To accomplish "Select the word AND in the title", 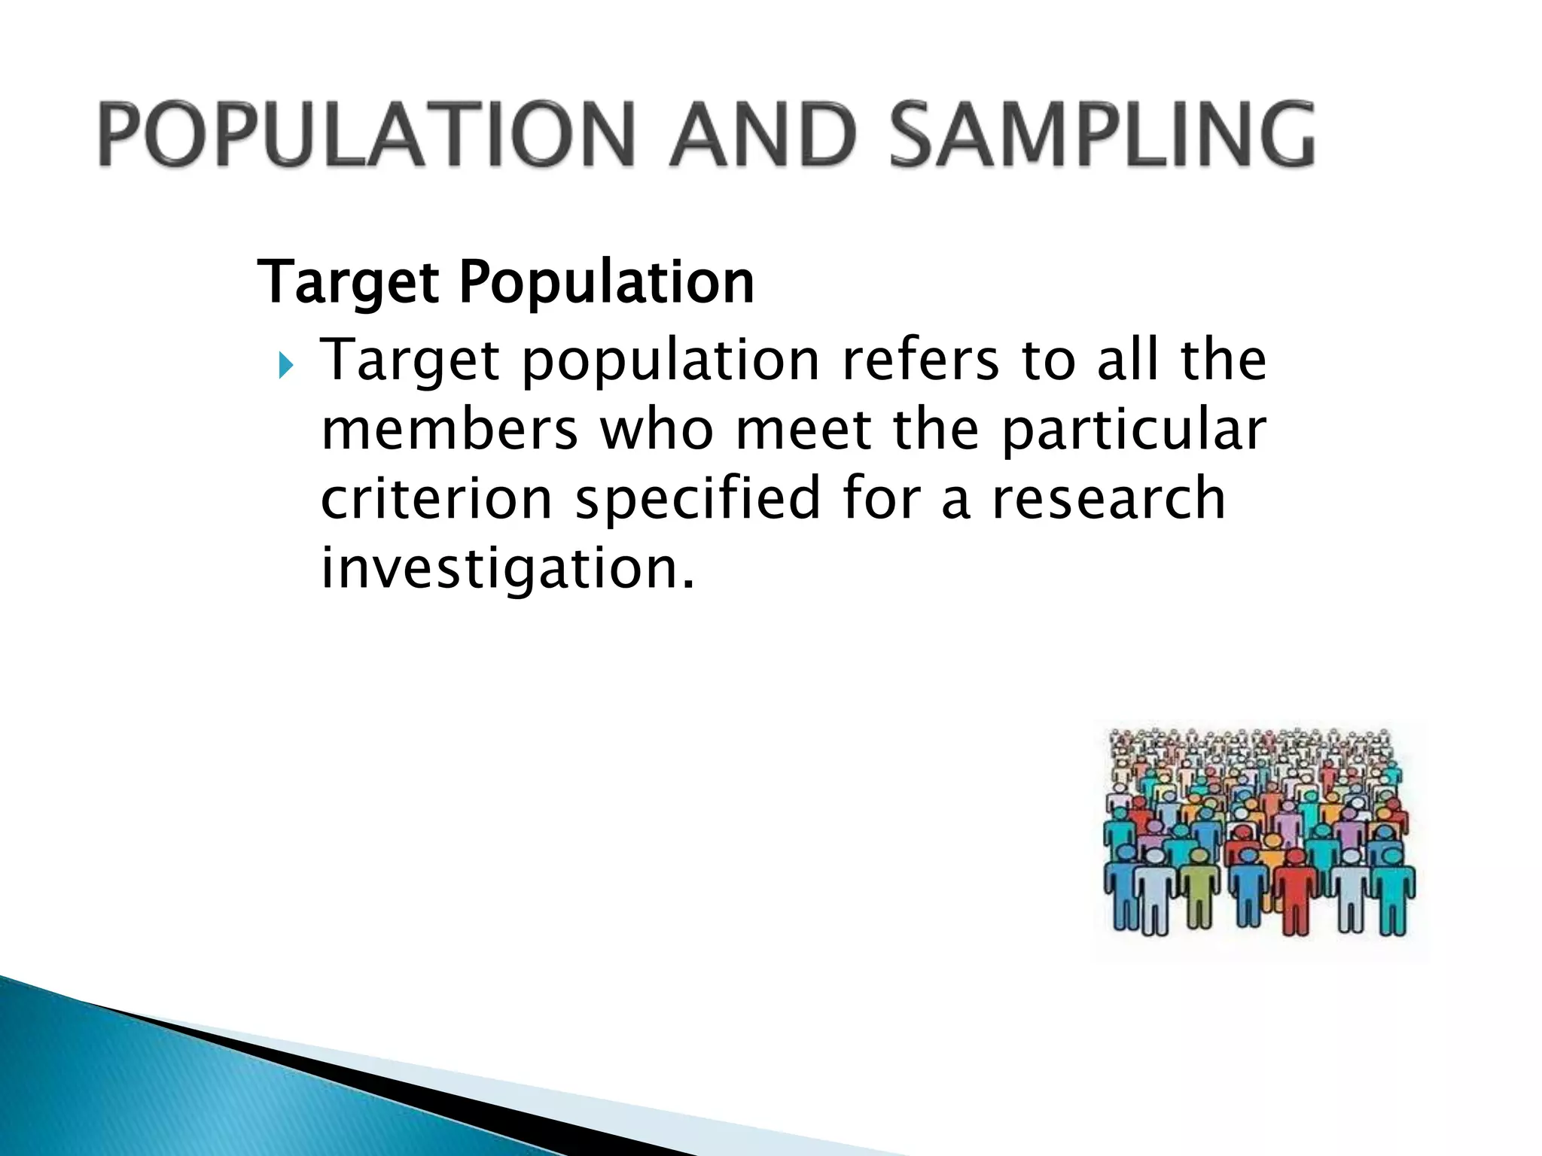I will pyautogui.click(x=763, y=134).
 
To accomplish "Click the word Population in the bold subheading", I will pyautogui.click(x=606, y=283).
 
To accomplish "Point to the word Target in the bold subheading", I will pyautogui.click(x=349, y=283).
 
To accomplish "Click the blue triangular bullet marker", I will pyautogui.click(x=285, y=367).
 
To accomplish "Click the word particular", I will pyautogui.click(x=1135, y=430).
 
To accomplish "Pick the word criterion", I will pyautogui.click(x=437, y=498).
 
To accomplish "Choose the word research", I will pyautogui.click(x=1109, y=498).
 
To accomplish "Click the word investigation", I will pyautogui.click(x=507, y=569).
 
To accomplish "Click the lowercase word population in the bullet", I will pyautogui.click(x=671, y=361).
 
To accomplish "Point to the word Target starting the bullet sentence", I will pyautogui.click(x=410, y=361).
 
